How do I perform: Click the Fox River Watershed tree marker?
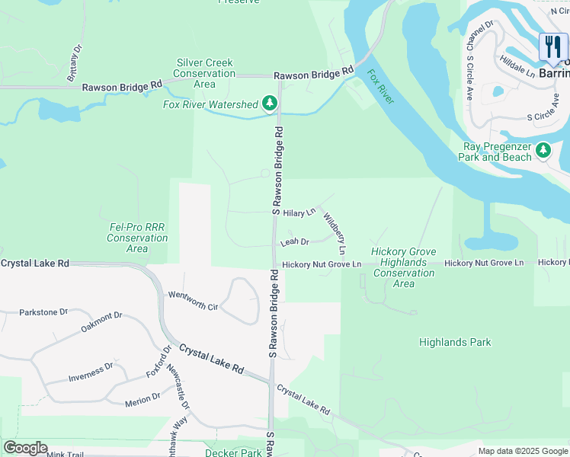tap(269, 103)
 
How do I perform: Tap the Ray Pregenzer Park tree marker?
tap(543, 150)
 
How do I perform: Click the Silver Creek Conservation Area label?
tap(204, 73)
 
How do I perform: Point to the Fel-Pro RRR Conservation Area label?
tap(137, 238)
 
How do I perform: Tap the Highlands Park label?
tap(455, 343)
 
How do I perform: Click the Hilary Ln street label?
tap(299, 213)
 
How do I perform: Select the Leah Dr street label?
tap(294, 242)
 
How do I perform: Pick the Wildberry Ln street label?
tap(335, 233)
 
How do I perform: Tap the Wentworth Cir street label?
tap(194, 300)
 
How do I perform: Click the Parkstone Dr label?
tap(43, 312)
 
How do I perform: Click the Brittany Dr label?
tap(73, 64)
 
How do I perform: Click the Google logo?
tap(25, 448)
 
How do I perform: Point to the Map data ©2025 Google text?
tap(523, 451)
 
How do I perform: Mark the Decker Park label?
tap(233, 452)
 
